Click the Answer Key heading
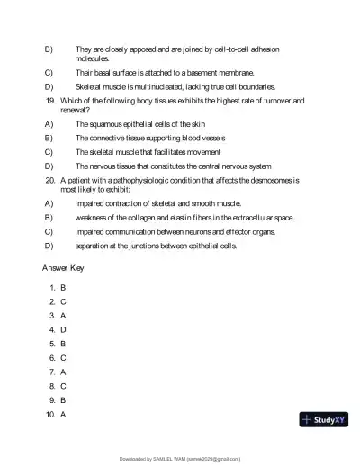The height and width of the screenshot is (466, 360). pos(67,268)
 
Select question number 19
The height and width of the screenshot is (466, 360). pos(50,100)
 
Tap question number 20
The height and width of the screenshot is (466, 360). pos(50,180)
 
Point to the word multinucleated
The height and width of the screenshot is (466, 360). pos(153,86)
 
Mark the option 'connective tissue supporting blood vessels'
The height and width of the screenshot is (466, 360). pos(150,138)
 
